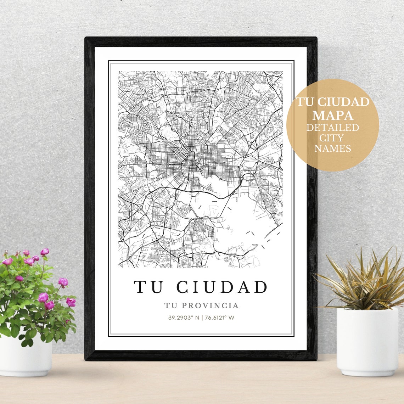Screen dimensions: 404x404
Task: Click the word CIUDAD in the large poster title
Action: coord(222,287)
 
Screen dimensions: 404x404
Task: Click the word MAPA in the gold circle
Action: coord(333,115)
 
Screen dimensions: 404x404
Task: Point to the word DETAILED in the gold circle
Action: coord(333,127)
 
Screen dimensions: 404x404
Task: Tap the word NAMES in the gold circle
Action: coord(333,148)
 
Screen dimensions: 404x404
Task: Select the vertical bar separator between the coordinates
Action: coord(202,318)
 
